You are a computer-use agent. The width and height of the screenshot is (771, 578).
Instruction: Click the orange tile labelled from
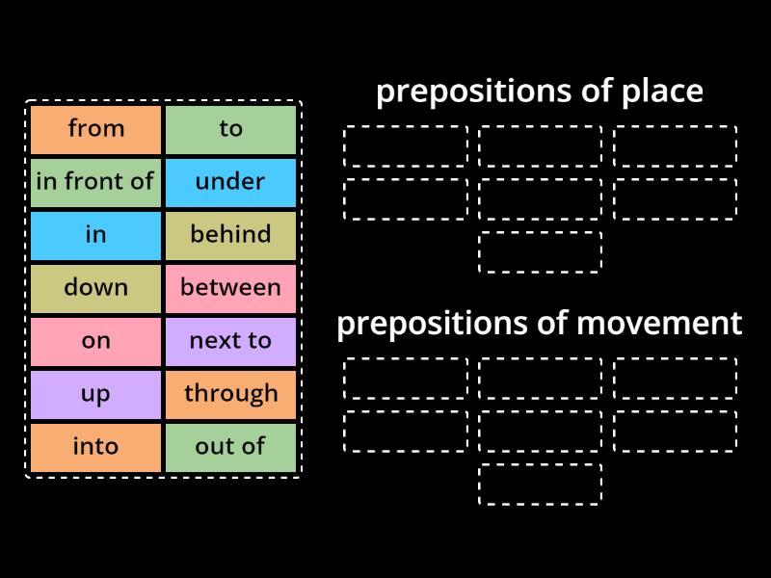(95, 129)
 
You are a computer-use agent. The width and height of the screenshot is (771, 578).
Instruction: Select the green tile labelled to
(230, 129)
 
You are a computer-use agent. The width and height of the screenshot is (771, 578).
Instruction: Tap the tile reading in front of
(95, 182)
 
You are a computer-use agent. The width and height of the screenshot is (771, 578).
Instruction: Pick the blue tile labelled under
(230, 182)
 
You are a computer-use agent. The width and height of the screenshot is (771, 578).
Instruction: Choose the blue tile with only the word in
(95, 235)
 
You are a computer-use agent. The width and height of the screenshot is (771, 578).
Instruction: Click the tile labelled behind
(230, 235)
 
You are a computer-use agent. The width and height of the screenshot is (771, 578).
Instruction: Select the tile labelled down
(95, 288)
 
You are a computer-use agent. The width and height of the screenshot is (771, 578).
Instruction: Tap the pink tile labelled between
(230, 288)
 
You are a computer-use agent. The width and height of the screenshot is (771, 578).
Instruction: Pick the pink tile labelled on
(95, 341)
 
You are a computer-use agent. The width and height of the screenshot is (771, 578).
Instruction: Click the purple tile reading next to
(230, 341)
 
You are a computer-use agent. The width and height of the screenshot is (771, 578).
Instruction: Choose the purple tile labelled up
(95, 394)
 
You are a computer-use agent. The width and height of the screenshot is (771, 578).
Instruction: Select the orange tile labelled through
(230, 394)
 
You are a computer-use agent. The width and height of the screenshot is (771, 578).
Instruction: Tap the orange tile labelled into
(95, 447)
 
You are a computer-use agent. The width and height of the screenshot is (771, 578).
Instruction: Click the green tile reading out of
(230, 447)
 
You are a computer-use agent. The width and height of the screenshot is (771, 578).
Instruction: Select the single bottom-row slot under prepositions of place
(540, 252)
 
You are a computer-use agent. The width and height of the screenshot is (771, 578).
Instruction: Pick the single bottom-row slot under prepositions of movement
(540, 484)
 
